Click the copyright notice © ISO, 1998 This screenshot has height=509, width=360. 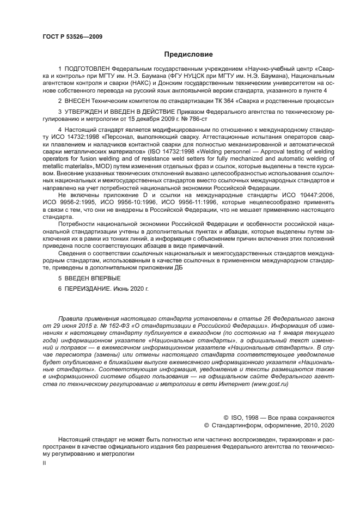[245, 416]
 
